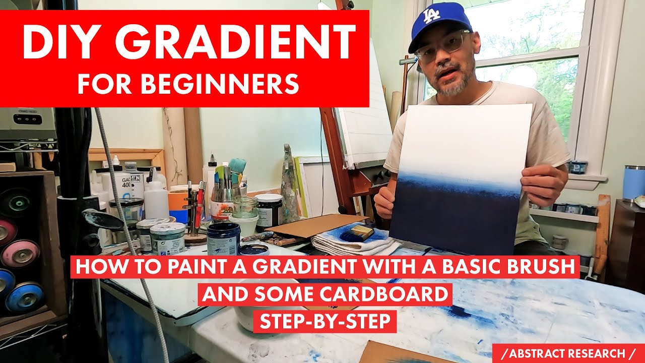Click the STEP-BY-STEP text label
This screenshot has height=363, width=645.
[x=325, y=321]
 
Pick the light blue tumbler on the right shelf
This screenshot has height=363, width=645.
[x=634, y=183]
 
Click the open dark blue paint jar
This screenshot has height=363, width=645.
[x=223, y=237]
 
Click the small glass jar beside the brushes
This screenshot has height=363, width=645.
[x=245, y=207]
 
